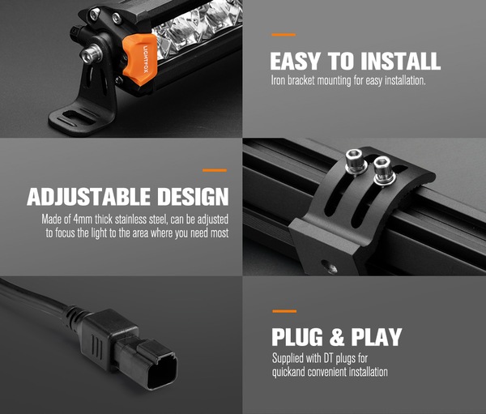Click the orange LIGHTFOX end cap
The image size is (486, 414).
(139, 59)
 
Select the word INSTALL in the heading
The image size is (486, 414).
(400, 61)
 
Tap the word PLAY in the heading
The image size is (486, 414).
(377, 337)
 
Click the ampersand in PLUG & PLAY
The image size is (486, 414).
(337, 337)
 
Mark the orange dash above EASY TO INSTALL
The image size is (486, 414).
(283, 35)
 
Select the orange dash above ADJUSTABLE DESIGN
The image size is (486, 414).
(215, 170)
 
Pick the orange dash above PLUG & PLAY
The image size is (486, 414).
(284, 311)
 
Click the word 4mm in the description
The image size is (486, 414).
(83, 220)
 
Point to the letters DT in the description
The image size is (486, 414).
(328, 358)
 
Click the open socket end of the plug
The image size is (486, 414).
(163, 372)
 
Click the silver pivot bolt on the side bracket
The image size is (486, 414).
(91, 54)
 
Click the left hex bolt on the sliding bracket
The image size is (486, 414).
(356, 162)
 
